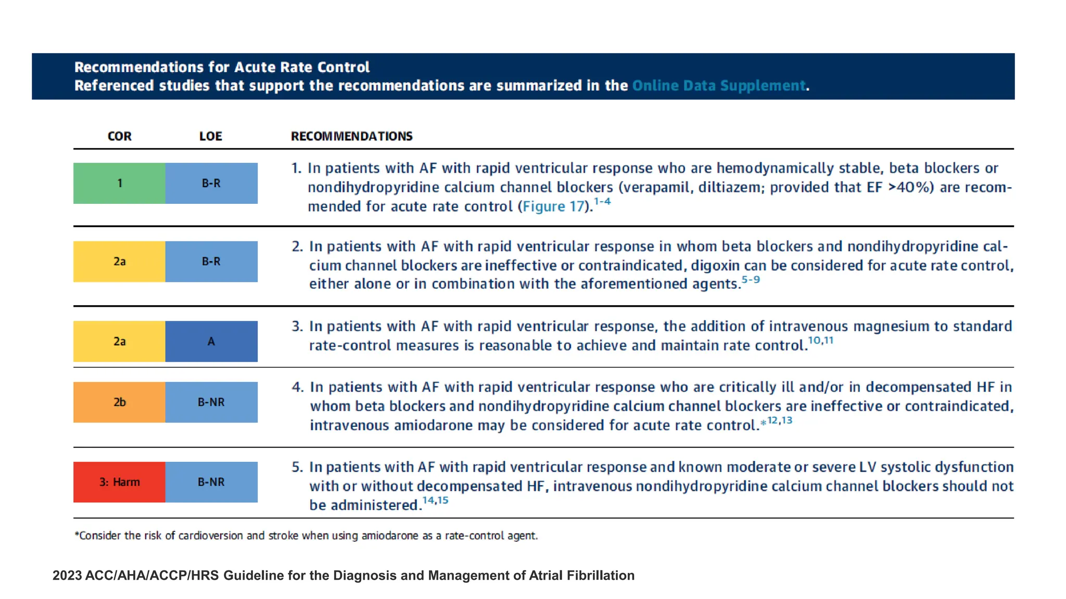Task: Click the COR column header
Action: pyautogui.click(x=119, y=136)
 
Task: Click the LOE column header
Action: pyautogui.click(x=210, y=136)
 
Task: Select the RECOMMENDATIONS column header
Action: pyautogui.click(x=351, y=136)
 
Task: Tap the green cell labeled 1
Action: pyautogui.click(x=119, y=183)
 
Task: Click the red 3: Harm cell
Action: pyautogui.click(x=119, y=482)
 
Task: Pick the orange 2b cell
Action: pyautogui.click(x=119, y=402)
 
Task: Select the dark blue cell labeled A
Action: pyautogui.click(x=211, y=341)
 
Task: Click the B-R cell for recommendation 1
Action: pyautogui.click(x=211, y=183)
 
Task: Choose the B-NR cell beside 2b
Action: pyautogui.click(x=211, y=402)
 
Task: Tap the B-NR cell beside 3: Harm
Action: pyautogui.click(x=211, y=482)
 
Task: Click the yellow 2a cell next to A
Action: pyautogui.click(x=119, y=341)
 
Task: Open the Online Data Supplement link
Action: pyautogui.click(x=718, y=85)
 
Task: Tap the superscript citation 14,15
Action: pyautogui.click(x=435, y=500)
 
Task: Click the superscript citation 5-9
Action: pyautogui.click(x=750, y=280)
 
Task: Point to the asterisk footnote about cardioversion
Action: pyautogui.click(x=306, y=536)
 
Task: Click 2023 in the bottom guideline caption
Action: pyautogui.click(x=67, y=576)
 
